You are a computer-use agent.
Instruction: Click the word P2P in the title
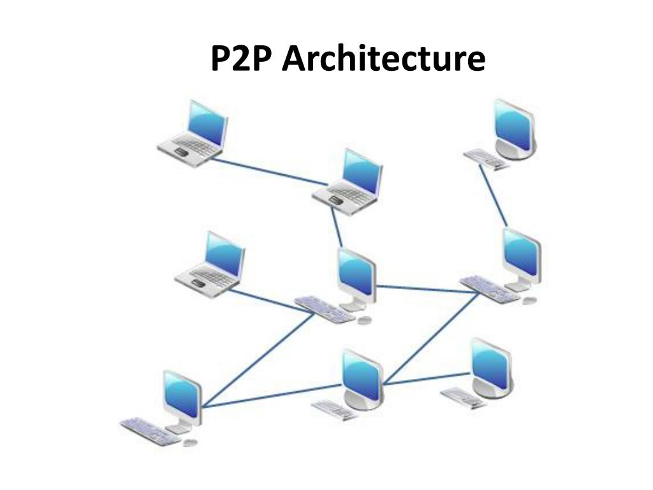[242, 59]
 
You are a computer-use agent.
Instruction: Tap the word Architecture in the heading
[383, 59]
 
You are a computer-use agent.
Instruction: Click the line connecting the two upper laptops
[268, 172]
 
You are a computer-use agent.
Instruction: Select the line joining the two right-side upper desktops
[493, 197]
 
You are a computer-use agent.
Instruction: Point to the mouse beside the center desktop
[364, 320]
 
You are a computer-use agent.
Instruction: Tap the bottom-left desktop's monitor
[182, 394]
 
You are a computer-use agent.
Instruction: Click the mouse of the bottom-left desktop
[189, 442]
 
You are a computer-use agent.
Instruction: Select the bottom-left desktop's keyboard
[149, 431]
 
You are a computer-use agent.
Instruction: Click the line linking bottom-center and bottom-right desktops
[427, 378]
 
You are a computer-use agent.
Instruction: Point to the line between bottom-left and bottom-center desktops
[274, 395]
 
